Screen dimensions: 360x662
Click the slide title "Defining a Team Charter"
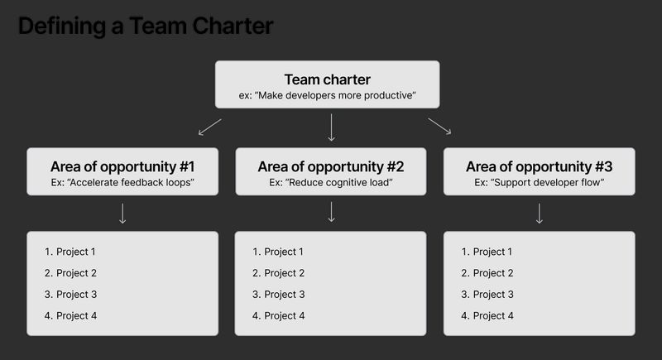[145, 26]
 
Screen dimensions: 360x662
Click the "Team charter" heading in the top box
[327, 79]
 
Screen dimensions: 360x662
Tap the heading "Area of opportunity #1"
[122, 165]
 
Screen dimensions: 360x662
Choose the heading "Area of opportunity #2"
[331, 165]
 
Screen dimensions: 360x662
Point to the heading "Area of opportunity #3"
[540, 165]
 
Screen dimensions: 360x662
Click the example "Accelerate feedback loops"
[122, 181]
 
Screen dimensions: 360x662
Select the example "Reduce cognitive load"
[331, 181]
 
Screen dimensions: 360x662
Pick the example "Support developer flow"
[540, 181]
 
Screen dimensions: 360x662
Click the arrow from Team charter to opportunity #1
[210, 127]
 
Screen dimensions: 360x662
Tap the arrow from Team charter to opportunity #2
[331, 127]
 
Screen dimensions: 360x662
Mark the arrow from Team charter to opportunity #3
[439, 126]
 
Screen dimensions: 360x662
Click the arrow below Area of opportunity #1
[122, 214]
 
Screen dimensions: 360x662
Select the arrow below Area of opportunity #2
[331, 214]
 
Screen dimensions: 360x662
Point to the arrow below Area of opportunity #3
[540, 214]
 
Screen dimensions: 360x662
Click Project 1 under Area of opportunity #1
[76, 252]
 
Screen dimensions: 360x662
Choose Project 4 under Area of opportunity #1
[76, 315]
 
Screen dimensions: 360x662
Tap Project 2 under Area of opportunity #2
[285, 273]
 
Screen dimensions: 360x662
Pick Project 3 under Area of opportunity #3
[493, 295]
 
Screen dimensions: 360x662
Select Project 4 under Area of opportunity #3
[493, 315]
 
